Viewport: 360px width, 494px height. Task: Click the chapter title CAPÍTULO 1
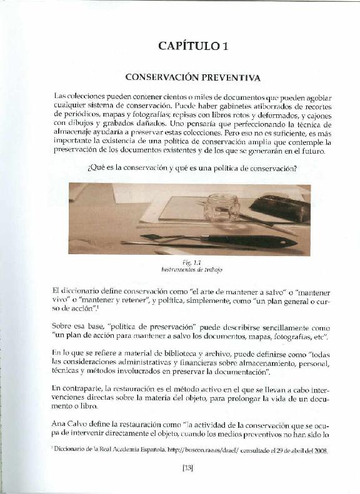(x=193, y=45)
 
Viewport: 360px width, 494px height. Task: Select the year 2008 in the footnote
(x=319, y=450)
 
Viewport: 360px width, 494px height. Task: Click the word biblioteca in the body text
(x=165, y=353)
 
